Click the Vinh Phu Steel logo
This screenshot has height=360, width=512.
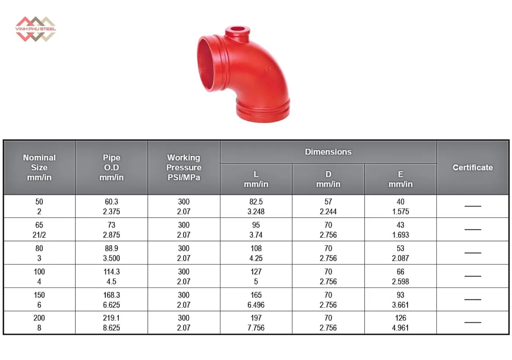pos(36,29)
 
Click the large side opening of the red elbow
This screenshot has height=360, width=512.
pos(207,64)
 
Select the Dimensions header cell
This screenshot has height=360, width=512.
pos(328,152)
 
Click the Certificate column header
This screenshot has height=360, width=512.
pos(473,168)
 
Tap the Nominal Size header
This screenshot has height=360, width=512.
pos(39,168)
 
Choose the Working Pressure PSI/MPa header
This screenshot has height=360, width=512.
pos(184,168)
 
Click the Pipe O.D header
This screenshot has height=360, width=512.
pos(112,168)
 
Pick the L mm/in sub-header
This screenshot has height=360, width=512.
pos(256,179)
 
